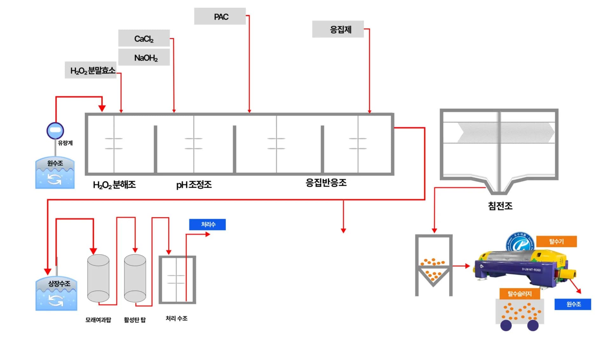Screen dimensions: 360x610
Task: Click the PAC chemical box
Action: pos(220,17)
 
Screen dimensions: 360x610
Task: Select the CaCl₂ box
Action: pos(144,38)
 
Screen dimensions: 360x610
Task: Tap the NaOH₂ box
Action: pos(144,57)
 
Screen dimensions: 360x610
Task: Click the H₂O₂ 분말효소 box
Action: pos(91,70)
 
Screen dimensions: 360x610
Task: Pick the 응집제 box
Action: pos(338,30)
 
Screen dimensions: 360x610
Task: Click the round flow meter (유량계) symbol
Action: pos(55,130)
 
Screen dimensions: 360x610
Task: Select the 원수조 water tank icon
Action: pos(55,173)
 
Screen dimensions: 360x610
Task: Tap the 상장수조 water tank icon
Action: pos(56,294)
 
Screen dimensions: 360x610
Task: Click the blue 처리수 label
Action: pos(207,224)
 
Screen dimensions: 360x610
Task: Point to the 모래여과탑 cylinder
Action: pos(98,278)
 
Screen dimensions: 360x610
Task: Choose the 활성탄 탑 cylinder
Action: pos(135,278)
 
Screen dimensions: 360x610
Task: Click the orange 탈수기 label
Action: pos(556,242)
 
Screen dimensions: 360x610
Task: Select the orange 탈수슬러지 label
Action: pos(519,294)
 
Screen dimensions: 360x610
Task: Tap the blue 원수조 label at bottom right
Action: pos(573,304)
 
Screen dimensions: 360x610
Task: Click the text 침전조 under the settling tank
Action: pos(500,206)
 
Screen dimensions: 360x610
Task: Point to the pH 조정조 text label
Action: pos(194,185)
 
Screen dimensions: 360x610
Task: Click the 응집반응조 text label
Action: pos(326,183)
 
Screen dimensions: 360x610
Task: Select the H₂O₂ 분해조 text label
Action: pos(114,185)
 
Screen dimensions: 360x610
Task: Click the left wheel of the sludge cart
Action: pos(506,325)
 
